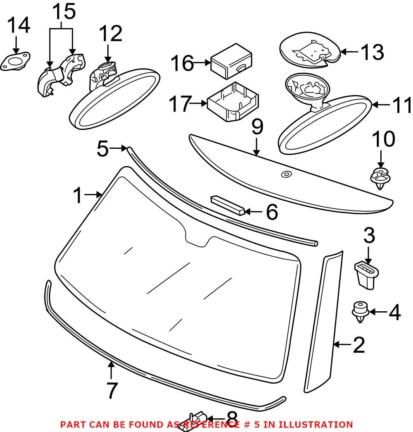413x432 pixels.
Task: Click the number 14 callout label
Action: pos(19,26)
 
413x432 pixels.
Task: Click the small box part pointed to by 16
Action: pos(232,62)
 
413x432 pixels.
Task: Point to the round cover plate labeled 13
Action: pos(310,51)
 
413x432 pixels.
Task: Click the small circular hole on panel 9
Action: pos(285,174)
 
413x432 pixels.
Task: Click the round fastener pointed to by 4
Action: pos(360,312)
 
